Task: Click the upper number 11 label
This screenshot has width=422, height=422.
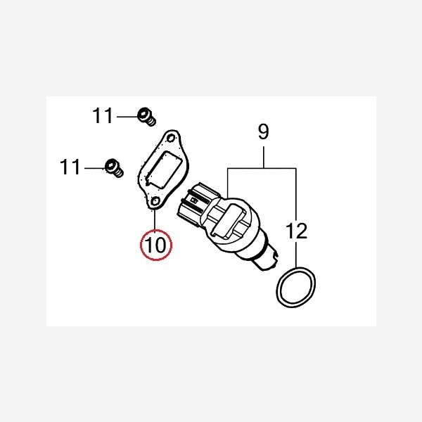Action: [x=102, y=116]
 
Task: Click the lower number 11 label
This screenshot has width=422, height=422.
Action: [x=70, y=167]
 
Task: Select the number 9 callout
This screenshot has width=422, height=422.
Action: [x=263, y=132]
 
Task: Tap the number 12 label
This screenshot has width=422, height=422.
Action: [x=296, y=231]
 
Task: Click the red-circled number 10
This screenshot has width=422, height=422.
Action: [x=156, y=245]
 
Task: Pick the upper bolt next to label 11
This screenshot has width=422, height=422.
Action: [x=147, y=117]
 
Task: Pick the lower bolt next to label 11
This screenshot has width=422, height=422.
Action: [x=114, y=168]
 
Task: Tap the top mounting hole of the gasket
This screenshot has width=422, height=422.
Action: [x=171, y=139]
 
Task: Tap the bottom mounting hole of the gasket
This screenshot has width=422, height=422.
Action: [x=155, y=201]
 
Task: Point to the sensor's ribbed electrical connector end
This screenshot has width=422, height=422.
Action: [x=191, y=203]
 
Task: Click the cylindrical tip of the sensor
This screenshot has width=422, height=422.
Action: [x=266, y=259]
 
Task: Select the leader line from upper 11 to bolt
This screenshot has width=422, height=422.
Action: [x=127, y=117]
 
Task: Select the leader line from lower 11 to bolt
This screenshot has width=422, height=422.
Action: [x=95, y=168]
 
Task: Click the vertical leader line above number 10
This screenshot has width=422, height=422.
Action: [x=155, y=219]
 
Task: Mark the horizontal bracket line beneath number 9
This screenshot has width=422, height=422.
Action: [x=262, y=169]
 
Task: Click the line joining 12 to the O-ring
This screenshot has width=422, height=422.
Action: [x=296, y=254]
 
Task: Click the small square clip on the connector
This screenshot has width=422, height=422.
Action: [x=193, y=200]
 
